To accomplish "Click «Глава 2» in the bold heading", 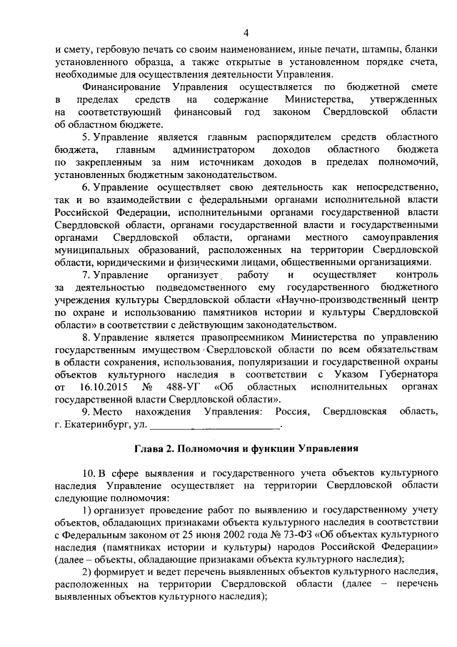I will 154,450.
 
